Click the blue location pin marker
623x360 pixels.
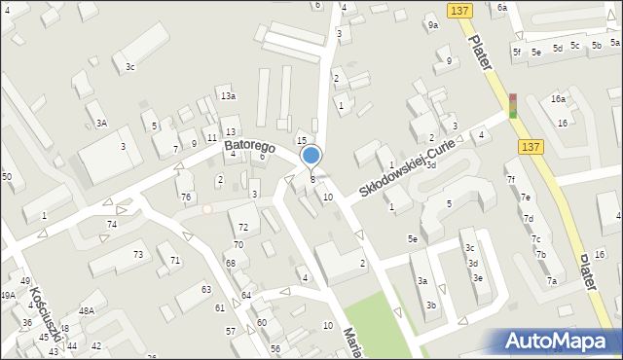point(311,156)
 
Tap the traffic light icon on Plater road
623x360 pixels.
point(512,105)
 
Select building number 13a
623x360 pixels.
point(227,95)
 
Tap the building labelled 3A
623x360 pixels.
point(101,123)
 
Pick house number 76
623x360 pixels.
point(185,198)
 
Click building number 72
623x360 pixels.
point(243,227)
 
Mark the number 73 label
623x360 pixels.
point(138,254)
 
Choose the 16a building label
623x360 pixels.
point(558,99)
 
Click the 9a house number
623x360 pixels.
point(432,26)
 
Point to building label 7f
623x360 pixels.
point(510,179)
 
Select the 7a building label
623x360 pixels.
point(551,281)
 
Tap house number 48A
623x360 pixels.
point(87,310)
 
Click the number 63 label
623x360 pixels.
point(206,290)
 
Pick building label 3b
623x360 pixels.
point(430,306)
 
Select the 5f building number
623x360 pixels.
point(517,51)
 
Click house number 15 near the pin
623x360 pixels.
point(302,141)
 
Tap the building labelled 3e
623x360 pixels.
point(477,277)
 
